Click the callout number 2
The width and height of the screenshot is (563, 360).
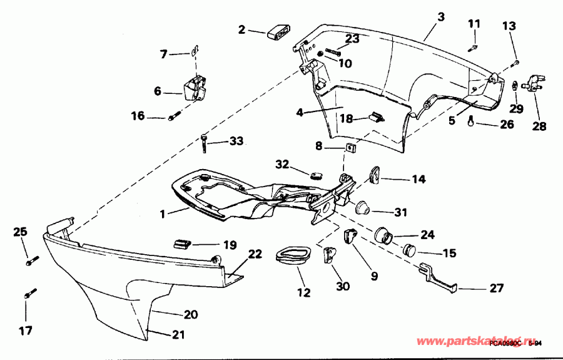pos(242,29)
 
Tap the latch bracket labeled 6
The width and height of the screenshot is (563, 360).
pos(194,88)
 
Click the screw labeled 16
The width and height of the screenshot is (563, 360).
pos(175,116)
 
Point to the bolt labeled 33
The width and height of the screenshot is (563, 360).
pos(205,143)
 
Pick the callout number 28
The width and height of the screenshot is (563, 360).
pos(539,126)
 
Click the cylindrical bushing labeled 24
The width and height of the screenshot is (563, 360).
pos(383,236)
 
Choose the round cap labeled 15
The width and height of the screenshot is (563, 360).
pos(410,250)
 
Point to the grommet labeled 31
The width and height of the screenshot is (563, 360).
pos(361,208)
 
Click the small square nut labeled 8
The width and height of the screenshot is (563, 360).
pos(351,148)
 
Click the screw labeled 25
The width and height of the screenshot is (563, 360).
pos(33,259)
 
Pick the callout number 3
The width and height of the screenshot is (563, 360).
pos(441,18)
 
